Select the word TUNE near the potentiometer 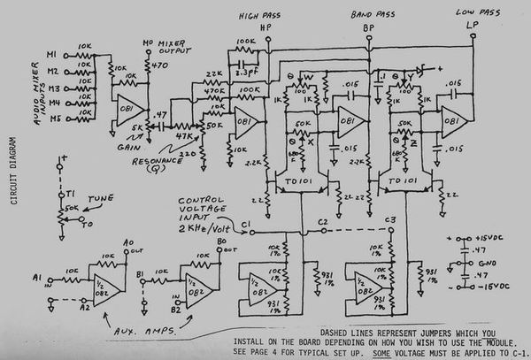coord(96,199)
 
